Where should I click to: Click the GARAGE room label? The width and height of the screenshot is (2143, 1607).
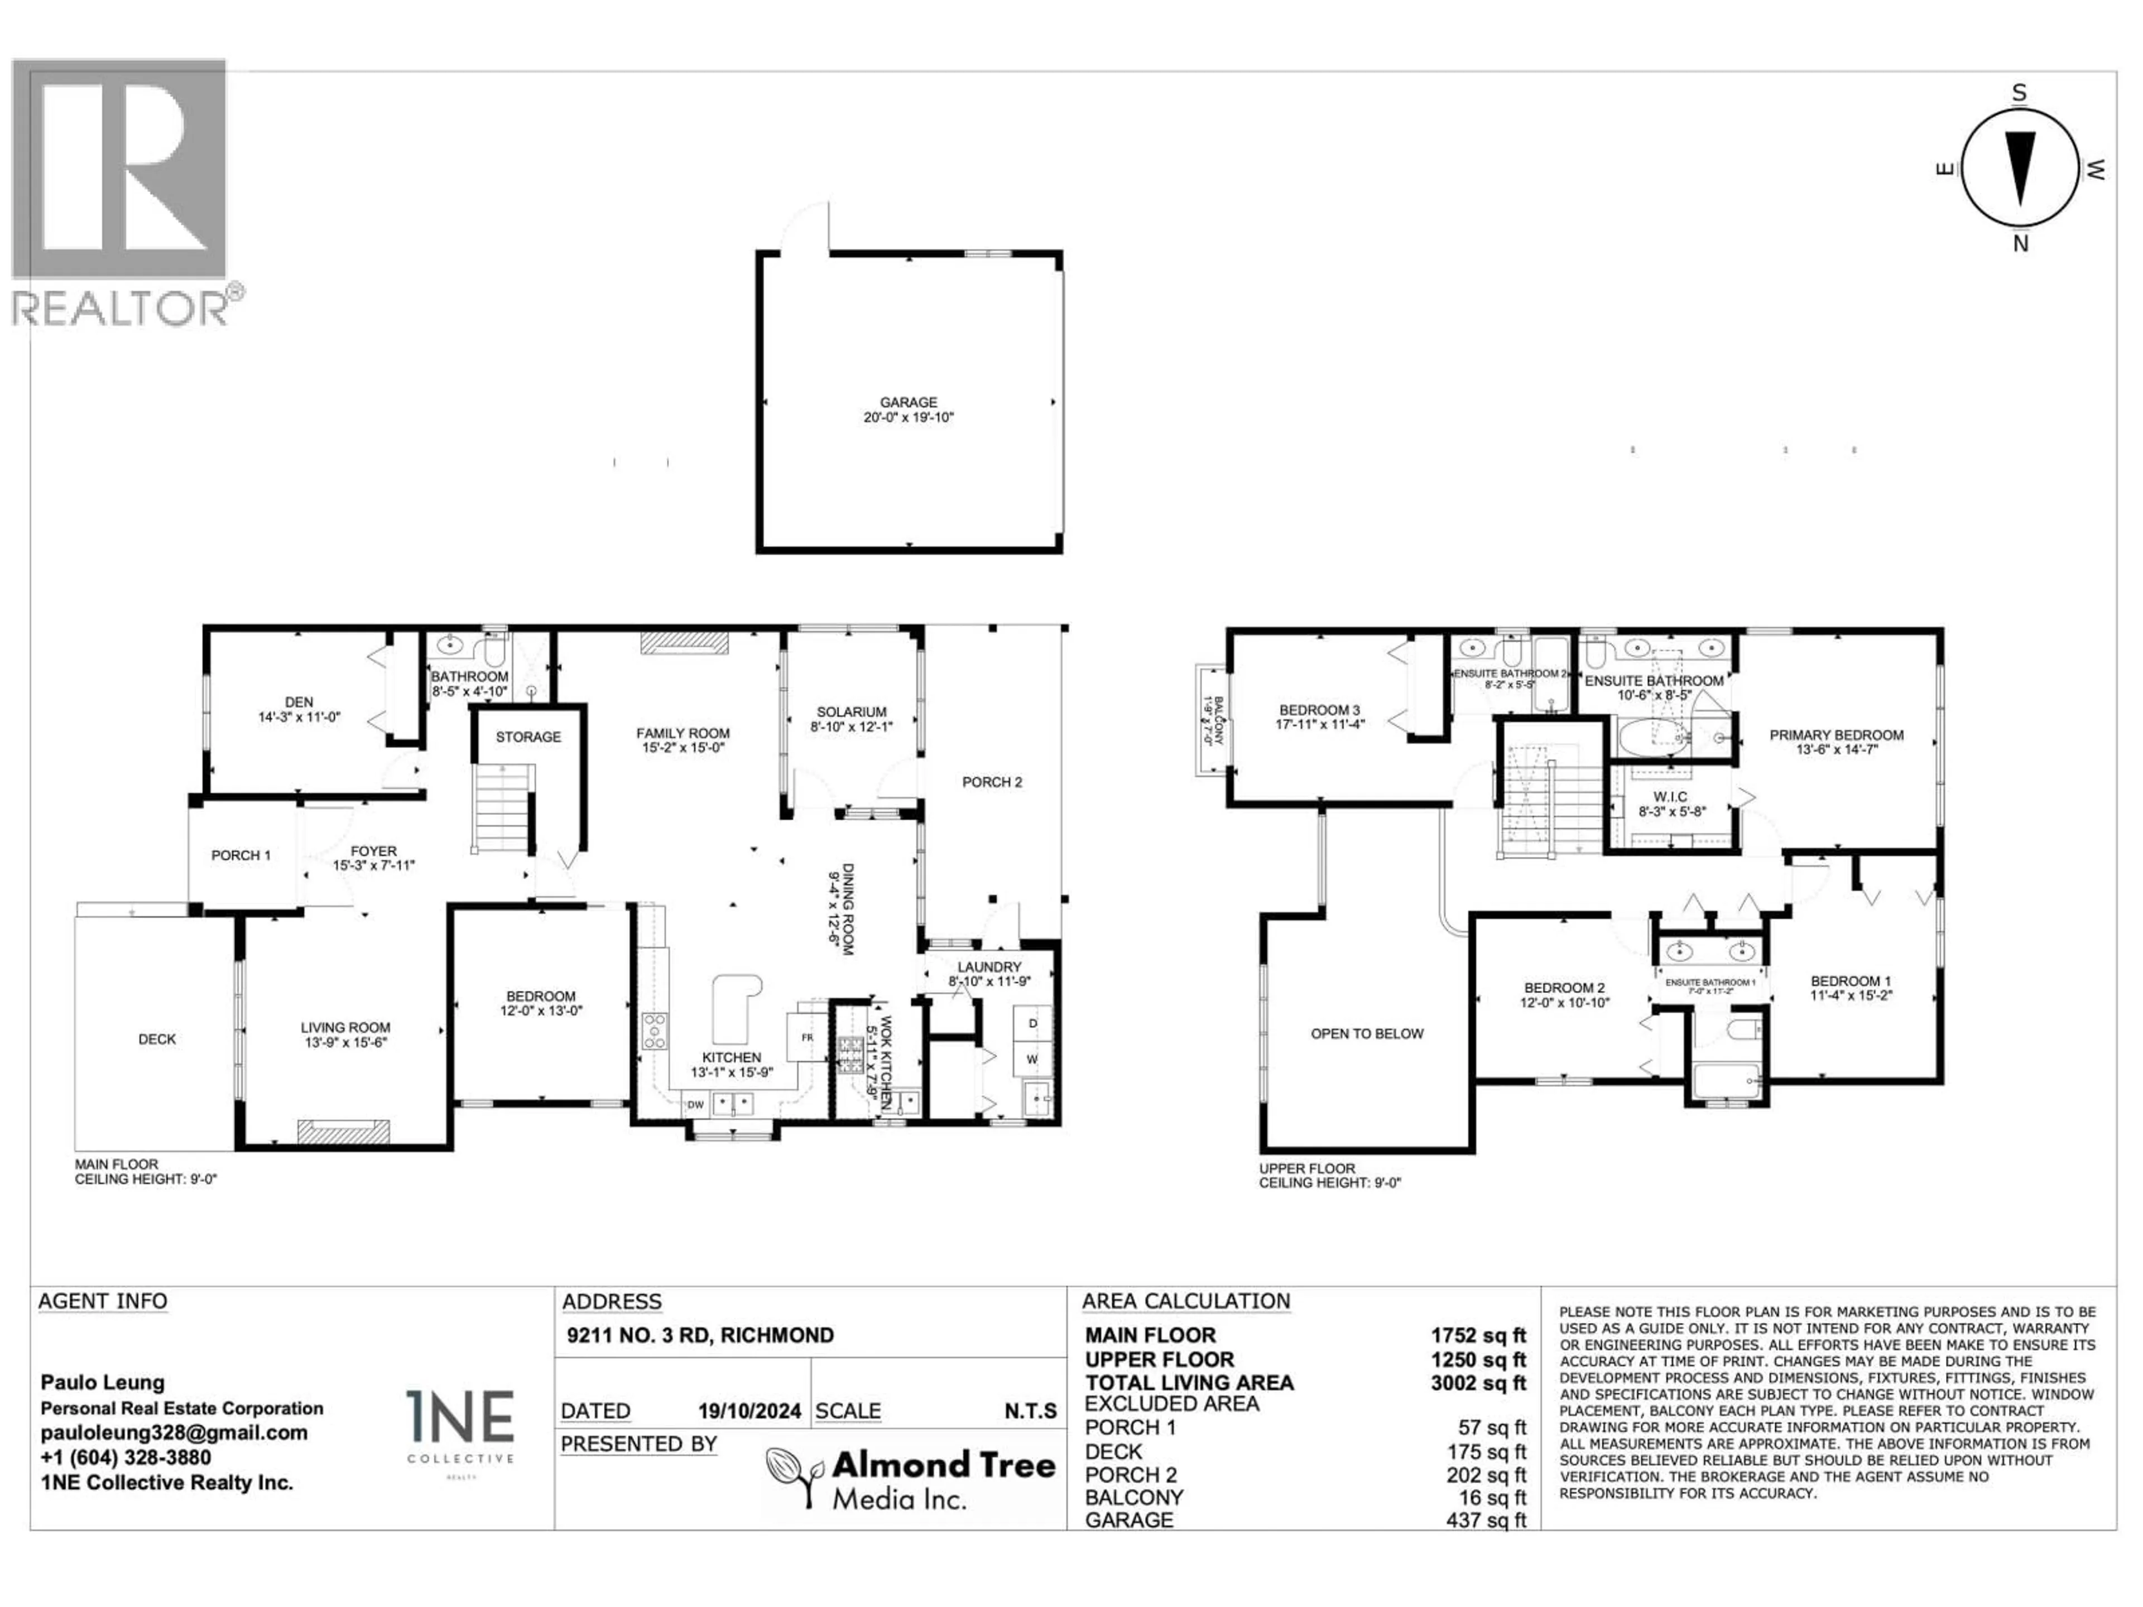[x=908, y=402]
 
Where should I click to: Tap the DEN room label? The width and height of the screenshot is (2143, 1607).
[x=299, y=703]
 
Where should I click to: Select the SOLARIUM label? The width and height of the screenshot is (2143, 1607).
[x=851, y=712]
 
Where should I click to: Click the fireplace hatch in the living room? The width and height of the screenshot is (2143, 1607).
[x=343, y=1130]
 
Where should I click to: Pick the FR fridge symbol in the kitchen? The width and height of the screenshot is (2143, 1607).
[x=806, y=1037]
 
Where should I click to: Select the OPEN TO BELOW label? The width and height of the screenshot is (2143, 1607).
[x=1367, y=1033]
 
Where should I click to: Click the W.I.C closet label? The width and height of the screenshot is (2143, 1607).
[x=1670, y=797]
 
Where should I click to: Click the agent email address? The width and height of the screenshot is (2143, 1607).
[x=174, y=1433]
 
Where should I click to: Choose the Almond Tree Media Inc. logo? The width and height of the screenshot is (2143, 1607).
[x=911, y=1479]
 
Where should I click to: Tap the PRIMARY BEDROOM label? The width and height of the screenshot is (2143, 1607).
[x=1836, y=735]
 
